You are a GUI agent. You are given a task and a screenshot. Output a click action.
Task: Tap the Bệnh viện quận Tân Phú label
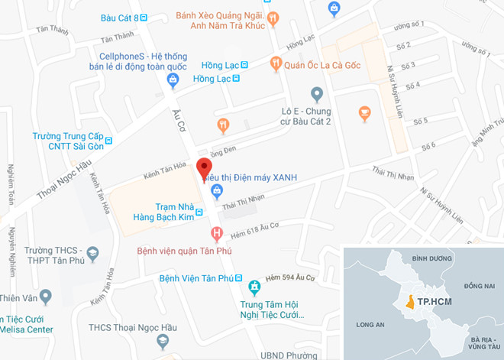(184, 251)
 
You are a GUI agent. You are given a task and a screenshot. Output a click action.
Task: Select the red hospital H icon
(217, 232)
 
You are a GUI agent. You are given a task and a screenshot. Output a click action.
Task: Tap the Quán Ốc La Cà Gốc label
(322, 66)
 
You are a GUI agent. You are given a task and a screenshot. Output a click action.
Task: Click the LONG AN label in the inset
(370, 325)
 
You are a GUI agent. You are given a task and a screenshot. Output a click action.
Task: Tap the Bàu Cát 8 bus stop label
(119, 18)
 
